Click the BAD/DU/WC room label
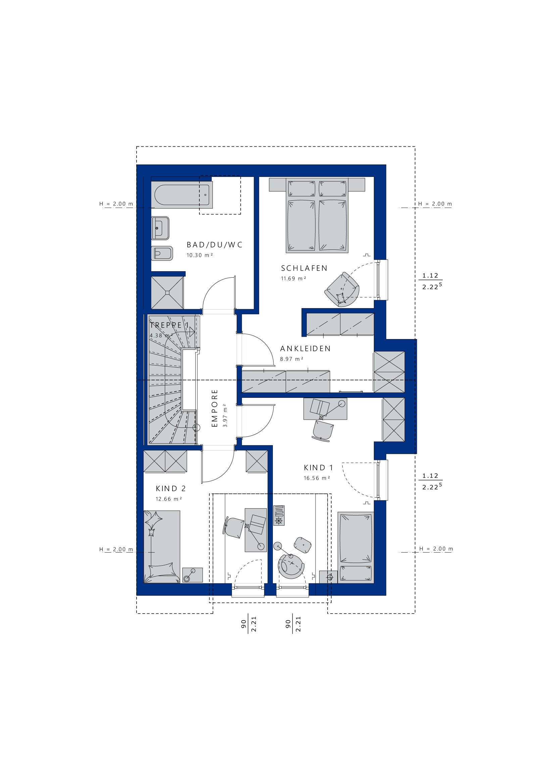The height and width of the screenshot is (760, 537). point(214,245)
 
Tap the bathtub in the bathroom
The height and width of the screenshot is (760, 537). point(182,195)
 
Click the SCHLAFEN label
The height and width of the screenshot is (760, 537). point(304,268)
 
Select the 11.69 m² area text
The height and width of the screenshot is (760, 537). point(293,278)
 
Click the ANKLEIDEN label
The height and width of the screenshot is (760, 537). point(305,349)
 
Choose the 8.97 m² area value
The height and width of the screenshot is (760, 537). point(291,359)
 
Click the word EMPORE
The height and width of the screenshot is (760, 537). point(215,408)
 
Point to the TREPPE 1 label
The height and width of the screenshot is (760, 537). point(169,325)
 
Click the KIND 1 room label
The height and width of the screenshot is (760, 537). point(318,468)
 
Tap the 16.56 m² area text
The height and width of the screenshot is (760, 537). point(316,478)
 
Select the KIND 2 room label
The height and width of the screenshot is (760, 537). point(170,488)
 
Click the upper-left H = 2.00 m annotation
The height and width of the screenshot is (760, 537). point(116,204)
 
